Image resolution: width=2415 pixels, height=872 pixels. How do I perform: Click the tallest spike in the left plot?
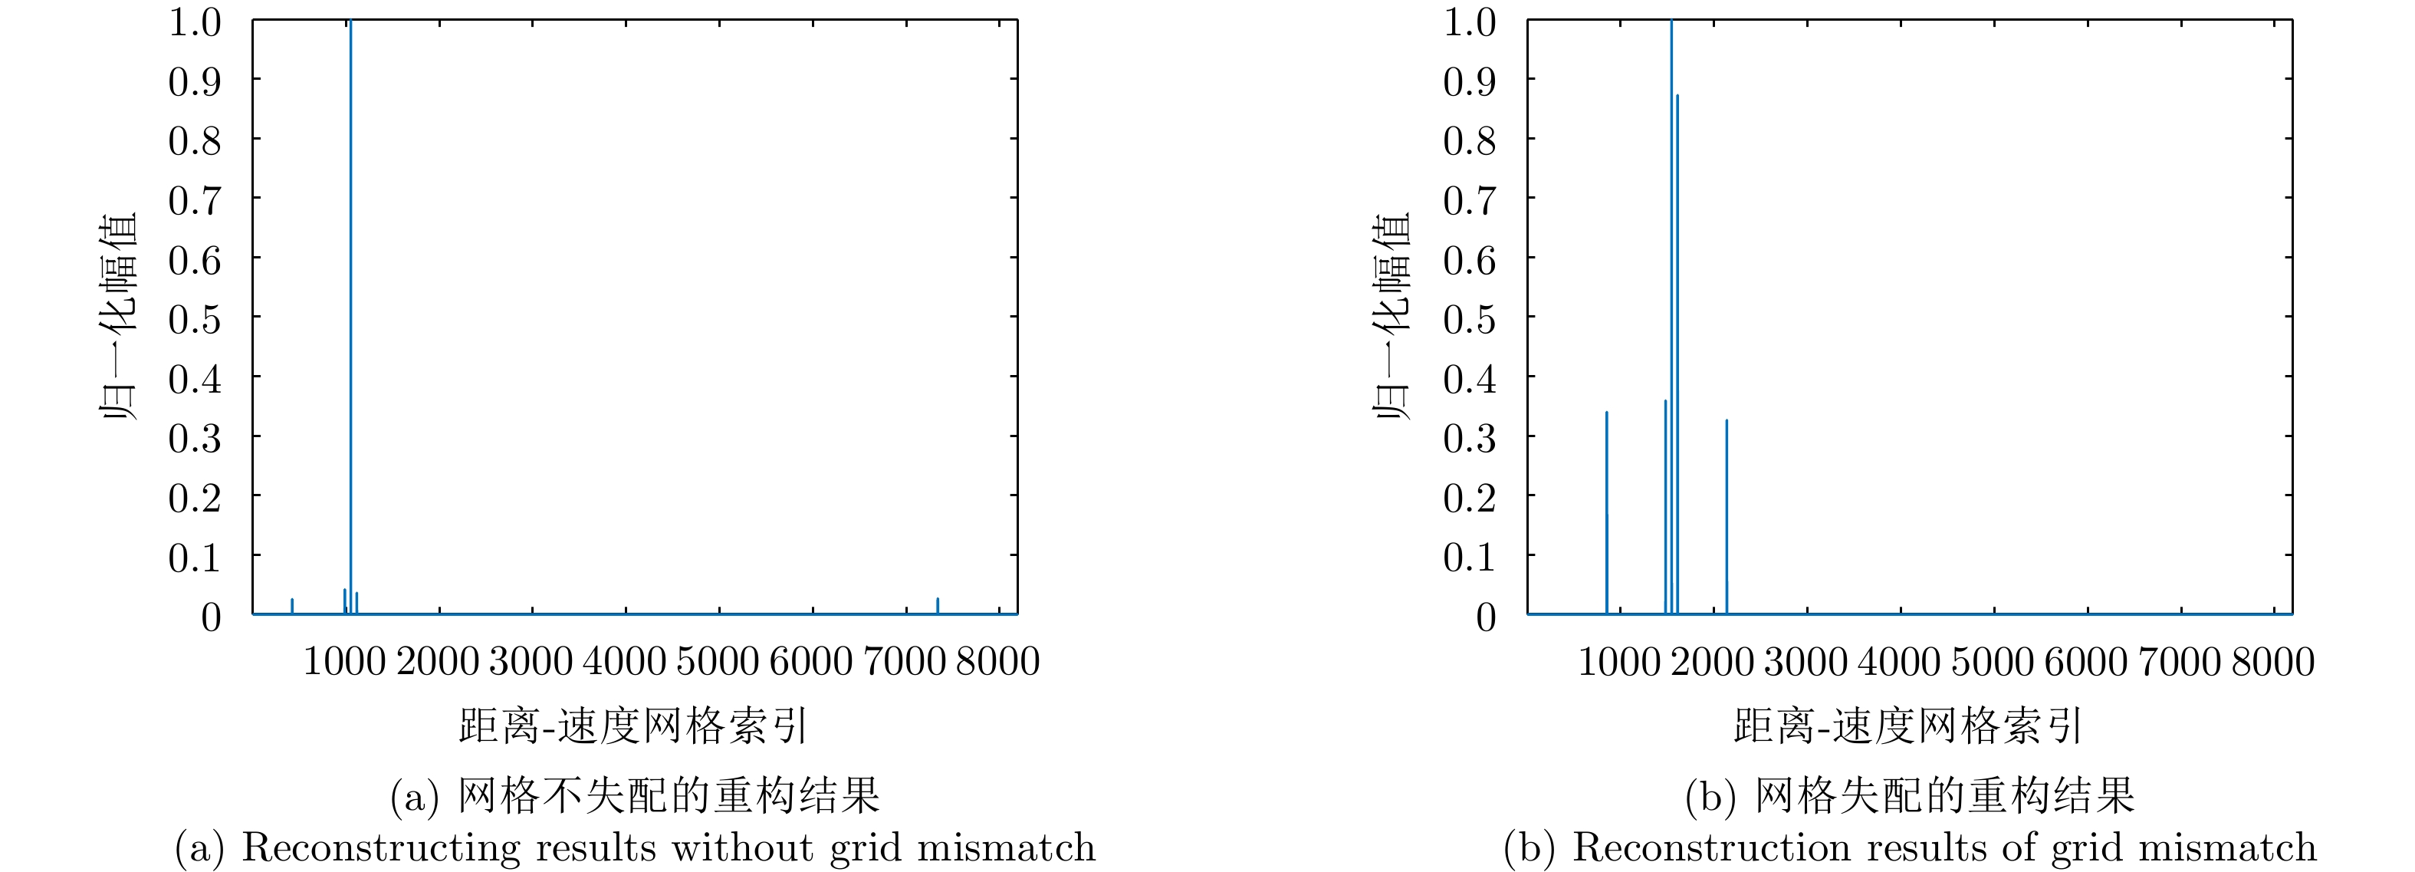click(x=350, y=281)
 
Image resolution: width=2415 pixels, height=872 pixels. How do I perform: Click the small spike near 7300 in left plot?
click(x=938, y=606)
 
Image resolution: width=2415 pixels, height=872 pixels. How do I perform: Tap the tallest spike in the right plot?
click(x=1671, y=281)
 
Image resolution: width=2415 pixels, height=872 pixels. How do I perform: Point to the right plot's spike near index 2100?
click(x=1726, y=515)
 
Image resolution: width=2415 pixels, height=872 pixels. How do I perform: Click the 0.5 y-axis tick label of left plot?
click(x=195, y=320)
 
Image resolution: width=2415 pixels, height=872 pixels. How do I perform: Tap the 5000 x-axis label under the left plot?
click(x=717, y=662)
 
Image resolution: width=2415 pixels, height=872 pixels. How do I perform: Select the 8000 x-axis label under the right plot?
click(x=2272, y=662)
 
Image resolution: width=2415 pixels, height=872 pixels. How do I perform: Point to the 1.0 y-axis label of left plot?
click(x=195, y=22)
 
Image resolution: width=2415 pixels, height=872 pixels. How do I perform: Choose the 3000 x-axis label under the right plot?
click(x=1806, y=662)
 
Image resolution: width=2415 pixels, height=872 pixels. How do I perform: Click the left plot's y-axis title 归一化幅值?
click(x=119, y=317)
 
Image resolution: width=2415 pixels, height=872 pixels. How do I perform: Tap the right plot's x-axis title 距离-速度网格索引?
click(x=1907, y=726)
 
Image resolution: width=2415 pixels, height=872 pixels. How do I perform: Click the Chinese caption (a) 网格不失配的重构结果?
click(x=635, y=796)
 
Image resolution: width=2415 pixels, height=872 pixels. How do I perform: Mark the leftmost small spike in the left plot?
click(x=291, y=606)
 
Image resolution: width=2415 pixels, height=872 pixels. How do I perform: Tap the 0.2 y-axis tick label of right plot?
click(x=1470, y=498)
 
